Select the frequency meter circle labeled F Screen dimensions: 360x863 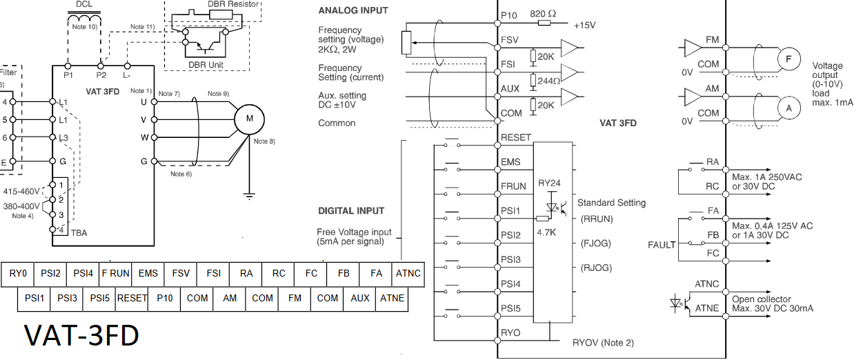pos(788,59)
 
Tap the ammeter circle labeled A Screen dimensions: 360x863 pos(788,108)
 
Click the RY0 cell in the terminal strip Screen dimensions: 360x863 pos(18,273)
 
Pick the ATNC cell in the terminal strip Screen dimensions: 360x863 pos(408,273)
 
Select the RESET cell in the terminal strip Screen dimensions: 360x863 pos(132,298)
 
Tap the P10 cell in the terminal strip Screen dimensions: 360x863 pos(164,298)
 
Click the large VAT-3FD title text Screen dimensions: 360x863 pos(81,335)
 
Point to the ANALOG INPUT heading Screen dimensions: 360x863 pos(353,11)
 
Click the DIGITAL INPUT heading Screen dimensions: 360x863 pos(351,210)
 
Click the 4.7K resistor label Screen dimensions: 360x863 pos(546,233)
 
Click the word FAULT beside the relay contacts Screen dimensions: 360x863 pos(662,245)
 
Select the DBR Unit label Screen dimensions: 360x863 pos(210,65)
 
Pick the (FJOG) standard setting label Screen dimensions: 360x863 pos(595,243)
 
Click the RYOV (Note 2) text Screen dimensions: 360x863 pos(603,343)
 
